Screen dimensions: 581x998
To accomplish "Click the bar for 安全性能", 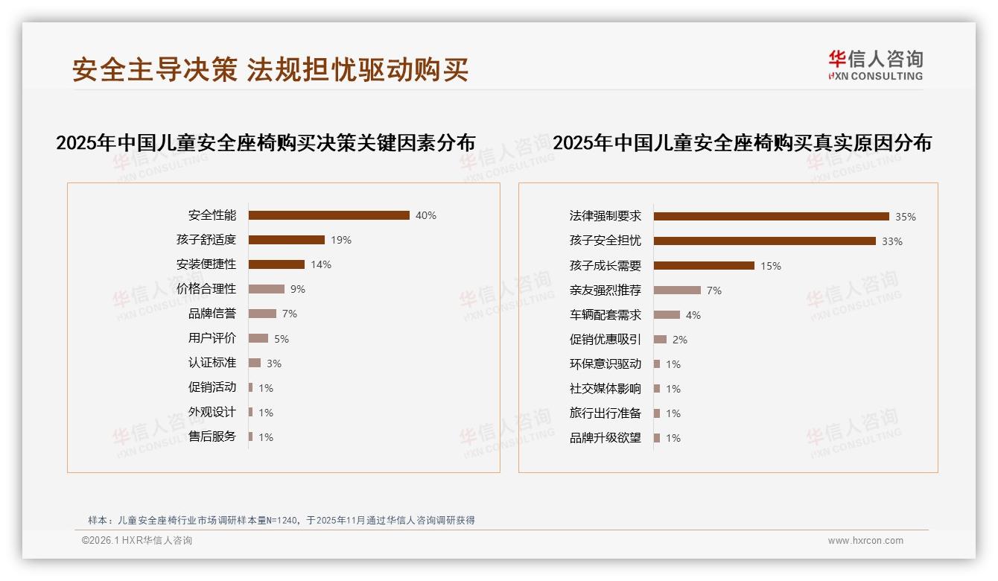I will coord(328,215).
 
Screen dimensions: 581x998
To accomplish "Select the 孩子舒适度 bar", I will coord(286,240).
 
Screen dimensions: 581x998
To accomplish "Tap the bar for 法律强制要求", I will coord(771,217).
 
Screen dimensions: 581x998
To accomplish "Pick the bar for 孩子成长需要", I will coord(704,266).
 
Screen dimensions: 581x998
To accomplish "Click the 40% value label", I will coord(426,216).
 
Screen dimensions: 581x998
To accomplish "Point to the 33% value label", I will coord(891,241).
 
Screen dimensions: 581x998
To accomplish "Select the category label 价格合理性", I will coord(206,289).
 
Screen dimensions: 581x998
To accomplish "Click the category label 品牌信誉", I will coord(212,314).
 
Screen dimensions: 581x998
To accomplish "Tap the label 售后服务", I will coord(212,436).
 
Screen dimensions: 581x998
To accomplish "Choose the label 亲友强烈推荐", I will coord(606,290).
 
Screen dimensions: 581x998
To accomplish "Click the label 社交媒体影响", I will coord(606,389).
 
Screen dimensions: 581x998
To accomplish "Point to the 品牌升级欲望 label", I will coord(606,438).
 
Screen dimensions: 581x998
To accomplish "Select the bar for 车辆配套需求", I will coord(667,315).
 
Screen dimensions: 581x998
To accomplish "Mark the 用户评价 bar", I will coord(258,338).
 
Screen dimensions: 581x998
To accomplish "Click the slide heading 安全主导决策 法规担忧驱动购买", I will coord(270,70).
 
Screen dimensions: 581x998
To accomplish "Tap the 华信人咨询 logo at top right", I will coord(875,65).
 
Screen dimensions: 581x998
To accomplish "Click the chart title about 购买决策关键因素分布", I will coord(266,142).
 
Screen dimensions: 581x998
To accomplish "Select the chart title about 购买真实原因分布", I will coord(742,142).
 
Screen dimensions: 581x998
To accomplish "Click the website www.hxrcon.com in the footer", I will coord(865,541).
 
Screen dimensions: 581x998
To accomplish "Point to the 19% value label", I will coord(341,241).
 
